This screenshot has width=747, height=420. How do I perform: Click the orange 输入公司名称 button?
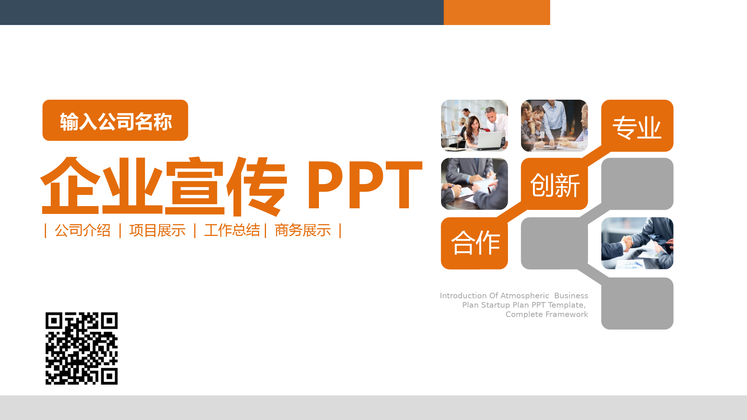[x=115, y=120]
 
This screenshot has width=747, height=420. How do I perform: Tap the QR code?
[x=81, y=348]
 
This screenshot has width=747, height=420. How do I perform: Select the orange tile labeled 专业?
[x=637, y=126]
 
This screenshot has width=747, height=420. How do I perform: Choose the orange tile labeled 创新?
[x=554, y=184]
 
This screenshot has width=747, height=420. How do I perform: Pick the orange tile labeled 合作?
[x=474, y=243]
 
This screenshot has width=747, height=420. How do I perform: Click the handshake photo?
[x=637, y=243]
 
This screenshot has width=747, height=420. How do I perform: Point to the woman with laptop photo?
[x=474, y=125]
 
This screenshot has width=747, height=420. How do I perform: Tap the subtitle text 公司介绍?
[x=83, y=230]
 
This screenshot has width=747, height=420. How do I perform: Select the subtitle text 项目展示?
[x=157, y=230]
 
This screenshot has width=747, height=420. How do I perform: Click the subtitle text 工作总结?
[x=232, y=230]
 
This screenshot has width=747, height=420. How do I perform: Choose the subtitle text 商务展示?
[x=303, y=230]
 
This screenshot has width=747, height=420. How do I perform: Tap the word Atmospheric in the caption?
[x=524, y=296]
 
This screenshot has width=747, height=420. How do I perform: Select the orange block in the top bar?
[x=497, y=12]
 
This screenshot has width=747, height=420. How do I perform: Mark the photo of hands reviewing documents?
[x=474, y=184]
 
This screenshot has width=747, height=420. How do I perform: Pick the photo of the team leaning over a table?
[x=554, y=125]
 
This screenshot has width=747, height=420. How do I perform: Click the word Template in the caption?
[x=566, y=305]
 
